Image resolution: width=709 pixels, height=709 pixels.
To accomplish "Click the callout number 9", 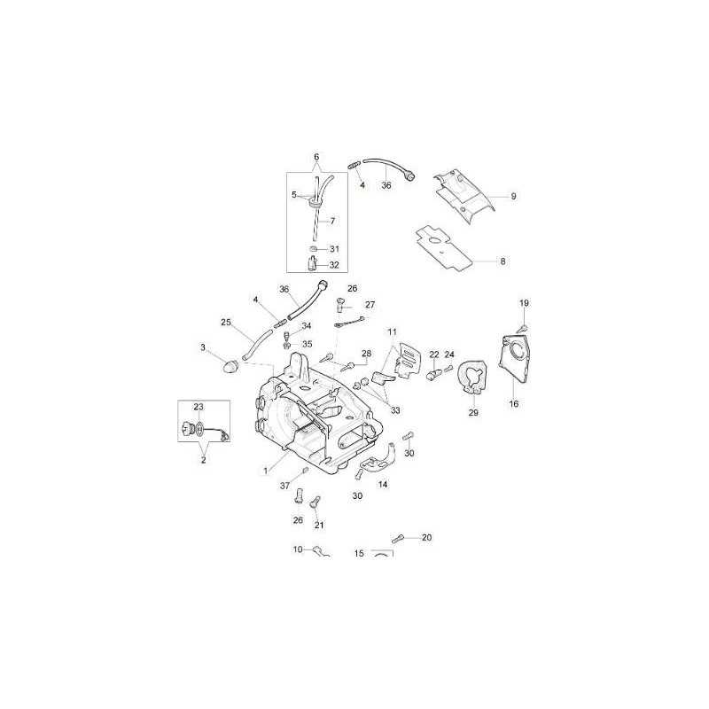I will [513, 196].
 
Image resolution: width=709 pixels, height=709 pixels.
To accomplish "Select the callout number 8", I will [503, 261].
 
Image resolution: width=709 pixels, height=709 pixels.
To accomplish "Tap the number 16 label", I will [513, 403].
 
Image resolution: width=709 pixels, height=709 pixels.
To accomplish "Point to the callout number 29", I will [472, 413].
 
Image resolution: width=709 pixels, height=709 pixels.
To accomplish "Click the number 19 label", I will [524, 304].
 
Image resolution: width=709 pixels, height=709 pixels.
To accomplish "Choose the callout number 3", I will [203, 347].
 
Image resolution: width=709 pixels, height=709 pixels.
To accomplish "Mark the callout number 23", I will [199, 406].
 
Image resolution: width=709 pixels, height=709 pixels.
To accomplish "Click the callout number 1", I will [265, 470].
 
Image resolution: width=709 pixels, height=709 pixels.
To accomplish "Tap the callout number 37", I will [285, 485].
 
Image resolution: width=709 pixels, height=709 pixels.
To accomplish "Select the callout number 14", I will [383, 485].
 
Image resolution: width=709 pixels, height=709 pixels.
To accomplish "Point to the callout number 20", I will [426, 538].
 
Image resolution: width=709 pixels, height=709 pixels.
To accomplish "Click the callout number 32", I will [334, 264].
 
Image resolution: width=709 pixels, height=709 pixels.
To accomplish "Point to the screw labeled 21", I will [314, 503].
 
